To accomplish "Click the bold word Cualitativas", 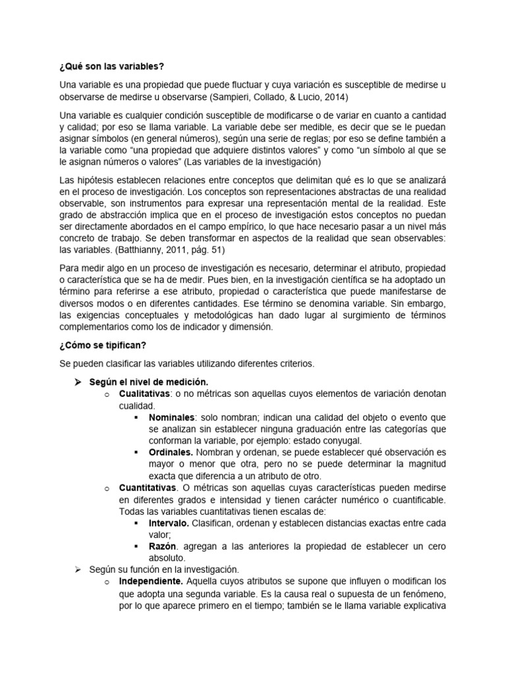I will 145,394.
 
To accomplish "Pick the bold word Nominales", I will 171,418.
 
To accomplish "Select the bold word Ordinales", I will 171,452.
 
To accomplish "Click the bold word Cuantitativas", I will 148,488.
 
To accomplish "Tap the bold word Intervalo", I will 169,523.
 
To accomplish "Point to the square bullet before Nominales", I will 136,418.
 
